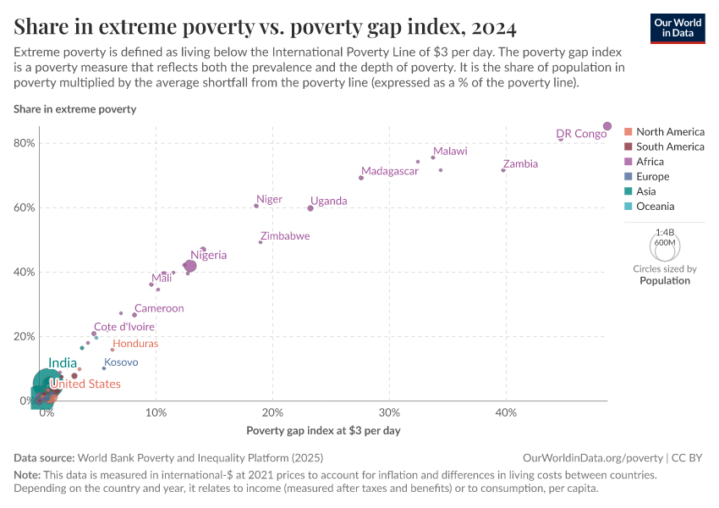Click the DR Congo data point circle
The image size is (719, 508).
(606, 126)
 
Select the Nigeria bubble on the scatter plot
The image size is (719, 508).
(190, 266)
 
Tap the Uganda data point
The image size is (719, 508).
(310, 208)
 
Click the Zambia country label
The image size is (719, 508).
(519, 164)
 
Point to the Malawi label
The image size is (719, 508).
(450, 152)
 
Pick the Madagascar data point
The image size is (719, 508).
(361, 178)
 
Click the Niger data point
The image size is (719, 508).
(256, 206)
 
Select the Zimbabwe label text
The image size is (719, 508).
(285, 236)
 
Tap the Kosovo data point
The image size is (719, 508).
(104, 368)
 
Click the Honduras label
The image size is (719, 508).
(135, 344)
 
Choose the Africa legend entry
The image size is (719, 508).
(650, 162)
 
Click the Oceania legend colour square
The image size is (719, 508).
(628, 207)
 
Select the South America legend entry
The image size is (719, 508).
(670, 146)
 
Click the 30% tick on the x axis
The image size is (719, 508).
(389, 412)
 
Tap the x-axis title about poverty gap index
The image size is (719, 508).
(323, 430)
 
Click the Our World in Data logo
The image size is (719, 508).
(679, 27)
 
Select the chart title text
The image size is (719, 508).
(265, 27)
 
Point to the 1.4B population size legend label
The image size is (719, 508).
(665, 231)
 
